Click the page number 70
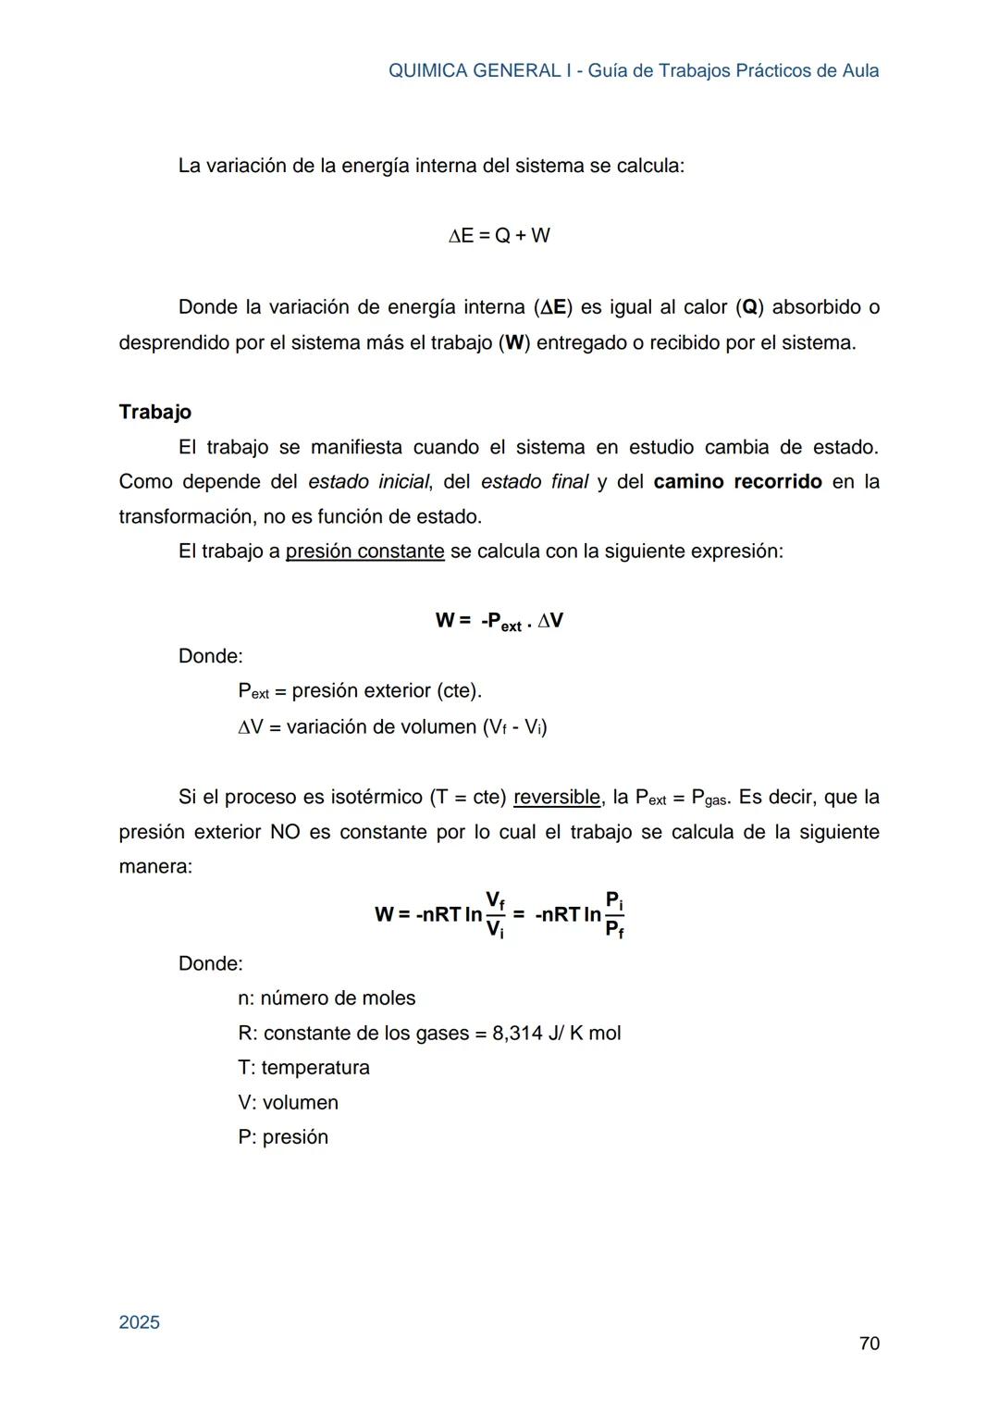869,1344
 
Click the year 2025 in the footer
140,1322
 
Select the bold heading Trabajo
155,412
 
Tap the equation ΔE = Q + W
499,236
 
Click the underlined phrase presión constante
364,552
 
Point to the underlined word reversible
557,797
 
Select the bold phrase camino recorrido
737,482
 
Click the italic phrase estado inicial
368,482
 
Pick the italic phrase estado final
535,482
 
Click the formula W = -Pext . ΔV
499,621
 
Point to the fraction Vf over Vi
496,914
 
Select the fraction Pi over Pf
614,914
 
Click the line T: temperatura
303,1068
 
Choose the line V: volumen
288,1103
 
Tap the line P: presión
283,1137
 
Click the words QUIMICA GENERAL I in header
474,71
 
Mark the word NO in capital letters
284,832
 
